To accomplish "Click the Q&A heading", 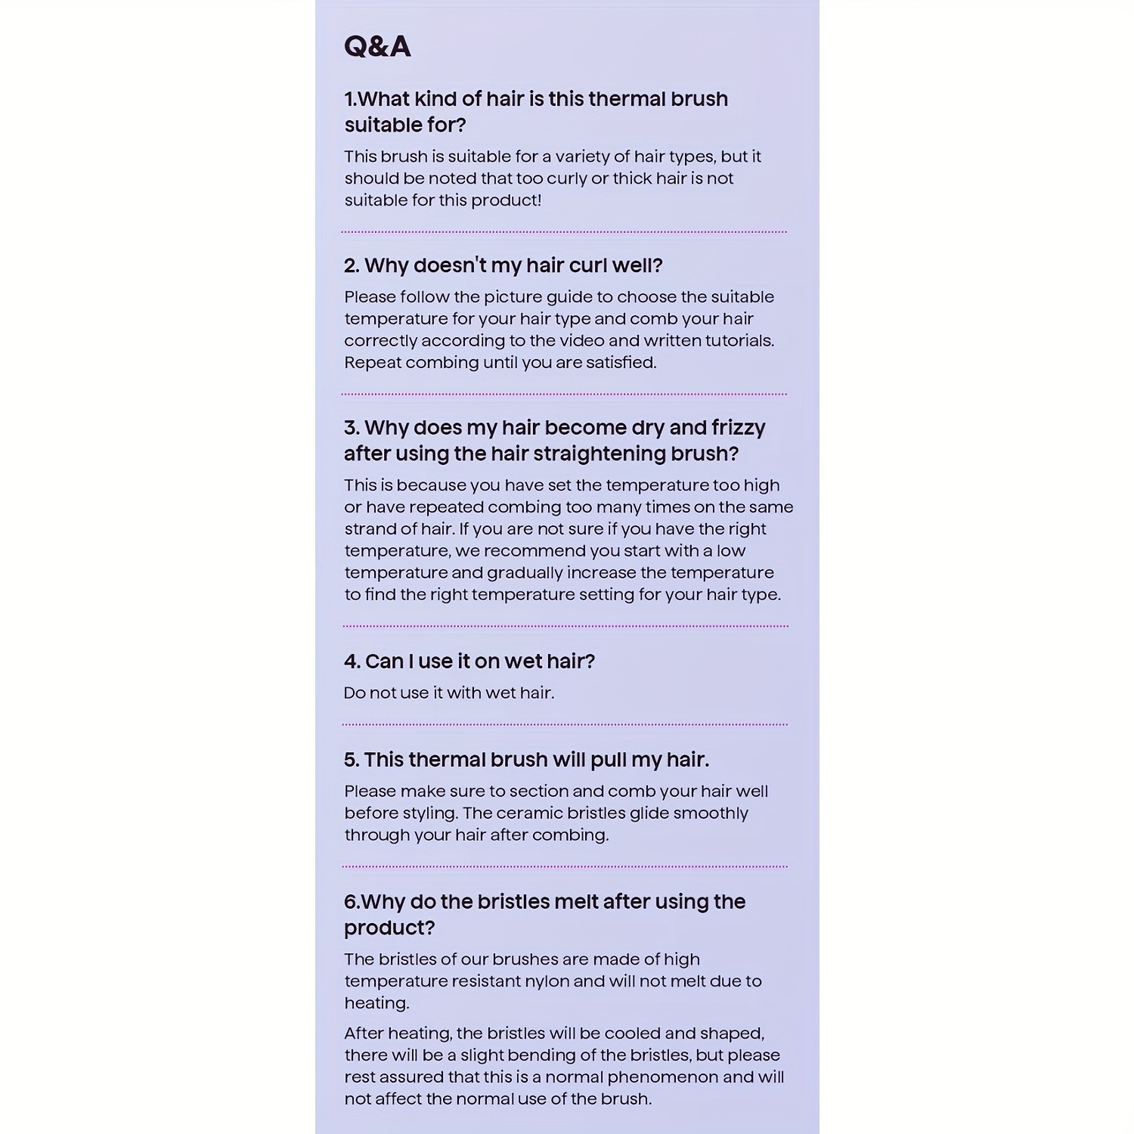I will pyautogui.click(x=377, y=47).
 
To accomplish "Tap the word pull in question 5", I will pyautogui.click(x=609, y=760).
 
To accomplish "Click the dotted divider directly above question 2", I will pyautogui.click(x=564, y=232).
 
